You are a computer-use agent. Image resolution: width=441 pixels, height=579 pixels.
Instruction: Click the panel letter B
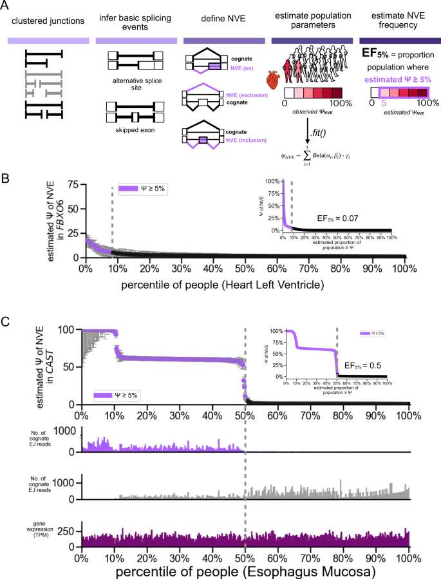point(6,175)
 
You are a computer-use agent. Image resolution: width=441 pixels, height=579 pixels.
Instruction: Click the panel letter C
point(6,321)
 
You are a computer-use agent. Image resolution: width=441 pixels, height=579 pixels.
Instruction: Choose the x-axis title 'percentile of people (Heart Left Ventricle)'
point(245,283)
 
